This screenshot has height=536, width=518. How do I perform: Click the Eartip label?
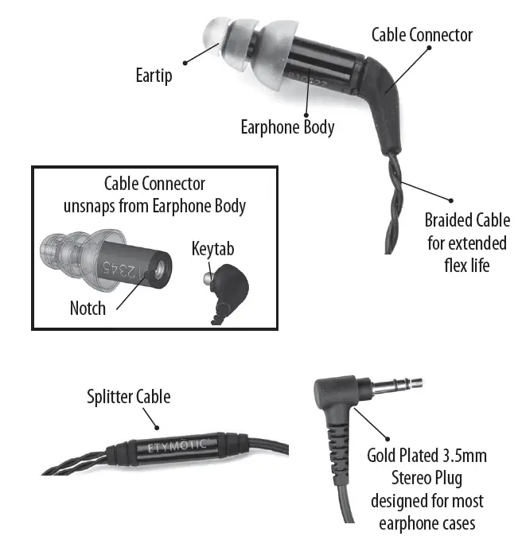click(x=153, y=77)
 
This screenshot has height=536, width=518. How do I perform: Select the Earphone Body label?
click(x=287, y=127)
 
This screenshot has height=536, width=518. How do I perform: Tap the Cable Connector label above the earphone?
click(x=422, y=35)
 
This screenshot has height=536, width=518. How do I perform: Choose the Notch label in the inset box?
click(x=88, y=307)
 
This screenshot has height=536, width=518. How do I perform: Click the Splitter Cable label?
click(x=129, y=396)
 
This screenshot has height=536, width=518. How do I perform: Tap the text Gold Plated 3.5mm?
click(x=426, y=456)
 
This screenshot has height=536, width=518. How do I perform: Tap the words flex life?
click(x=466, y=264)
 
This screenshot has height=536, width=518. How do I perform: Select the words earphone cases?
click(x=426, y=524)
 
